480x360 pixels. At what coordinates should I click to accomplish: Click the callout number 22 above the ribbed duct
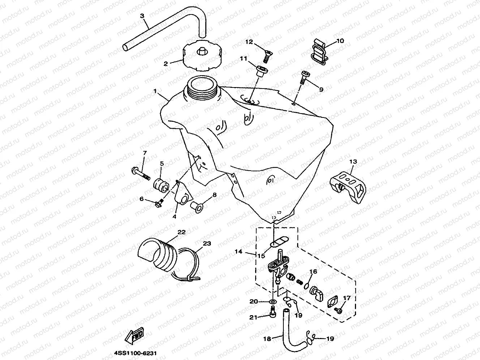pos(181,232)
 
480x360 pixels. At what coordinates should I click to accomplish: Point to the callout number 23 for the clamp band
pos(206,244)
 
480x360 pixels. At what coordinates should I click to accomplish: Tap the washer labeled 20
pos(273,301)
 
